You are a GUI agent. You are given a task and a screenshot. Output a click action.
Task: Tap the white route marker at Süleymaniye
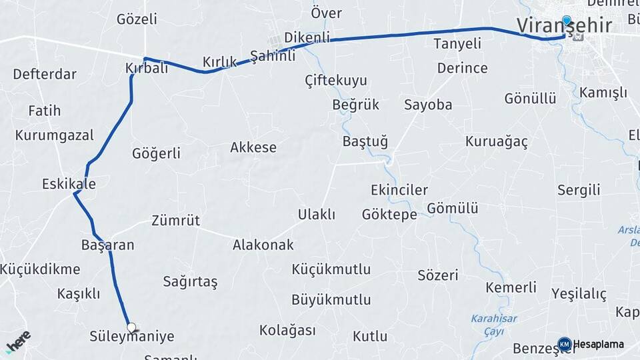coord(131,327)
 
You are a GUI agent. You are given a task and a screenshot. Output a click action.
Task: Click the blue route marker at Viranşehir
coord(567,21)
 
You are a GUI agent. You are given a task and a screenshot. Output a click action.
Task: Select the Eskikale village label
coord(68,183)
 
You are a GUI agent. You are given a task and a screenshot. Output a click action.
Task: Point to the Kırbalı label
coord(146,68)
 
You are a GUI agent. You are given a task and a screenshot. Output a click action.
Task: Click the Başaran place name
coord(107,245)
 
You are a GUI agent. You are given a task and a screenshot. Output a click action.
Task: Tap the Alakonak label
coord(263,245)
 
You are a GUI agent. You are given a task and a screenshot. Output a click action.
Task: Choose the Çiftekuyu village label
coord(335,81)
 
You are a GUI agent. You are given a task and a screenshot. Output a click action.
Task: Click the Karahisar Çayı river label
coord(493,324)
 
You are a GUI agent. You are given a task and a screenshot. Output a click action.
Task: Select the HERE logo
coord(18,341)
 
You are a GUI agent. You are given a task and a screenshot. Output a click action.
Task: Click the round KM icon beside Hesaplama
coord(564,344)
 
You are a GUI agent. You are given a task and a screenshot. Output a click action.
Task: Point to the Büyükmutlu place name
coord(331,299)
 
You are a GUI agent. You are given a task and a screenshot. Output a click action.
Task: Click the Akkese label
coord(253,147)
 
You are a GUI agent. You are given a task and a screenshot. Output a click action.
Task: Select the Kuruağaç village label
coord(496,142)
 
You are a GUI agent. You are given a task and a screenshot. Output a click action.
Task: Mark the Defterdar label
coord(45,74)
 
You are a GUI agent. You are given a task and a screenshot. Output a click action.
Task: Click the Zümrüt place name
coord(175,220)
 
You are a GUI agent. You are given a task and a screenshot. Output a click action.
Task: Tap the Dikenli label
coord(307,37)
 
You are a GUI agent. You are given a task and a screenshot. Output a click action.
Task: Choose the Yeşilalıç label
coord(579,293)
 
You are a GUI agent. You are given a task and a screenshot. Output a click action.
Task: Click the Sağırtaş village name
coord(190,281)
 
